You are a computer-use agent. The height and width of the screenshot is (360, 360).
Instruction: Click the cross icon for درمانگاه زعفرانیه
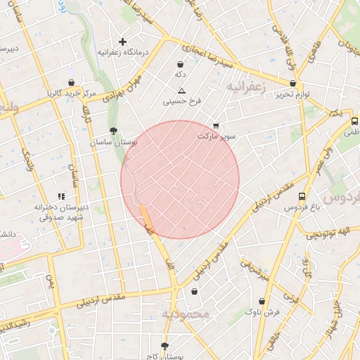(122, 42)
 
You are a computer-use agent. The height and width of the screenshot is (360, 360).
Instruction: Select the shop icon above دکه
(181, 64)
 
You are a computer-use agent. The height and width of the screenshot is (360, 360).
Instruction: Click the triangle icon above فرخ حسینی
(181, 91)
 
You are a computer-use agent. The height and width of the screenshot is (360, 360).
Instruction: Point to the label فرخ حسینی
(182, 101)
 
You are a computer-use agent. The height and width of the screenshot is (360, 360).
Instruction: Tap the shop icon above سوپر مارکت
(215, 125)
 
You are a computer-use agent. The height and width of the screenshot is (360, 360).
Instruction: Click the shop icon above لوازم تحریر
(292, 83)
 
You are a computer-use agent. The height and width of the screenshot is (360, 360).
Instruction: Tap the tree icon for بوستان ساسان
(112, 131)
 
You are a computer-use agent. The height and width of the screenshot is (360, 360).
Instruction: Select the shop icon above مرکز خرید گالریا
(72, 82)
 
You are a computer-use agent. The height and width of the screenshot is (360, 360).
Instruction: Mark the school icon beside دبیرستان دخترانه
(60, 196)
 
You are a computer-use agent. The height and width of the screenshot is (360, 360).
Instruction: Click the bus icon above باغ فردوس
(302, 197)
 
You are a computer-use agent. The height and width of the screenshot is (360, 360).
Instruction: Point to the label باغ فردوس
(302, 207)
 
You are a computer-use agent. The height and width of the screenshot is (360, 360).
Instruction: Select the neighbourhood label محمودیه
(186, 314)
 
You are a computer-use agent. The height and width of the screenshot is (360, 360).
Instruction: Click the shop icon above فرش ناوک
(262, 301)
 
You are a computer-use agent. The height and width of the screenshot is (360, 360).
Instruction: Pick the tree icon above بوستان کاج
(165, 346)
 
